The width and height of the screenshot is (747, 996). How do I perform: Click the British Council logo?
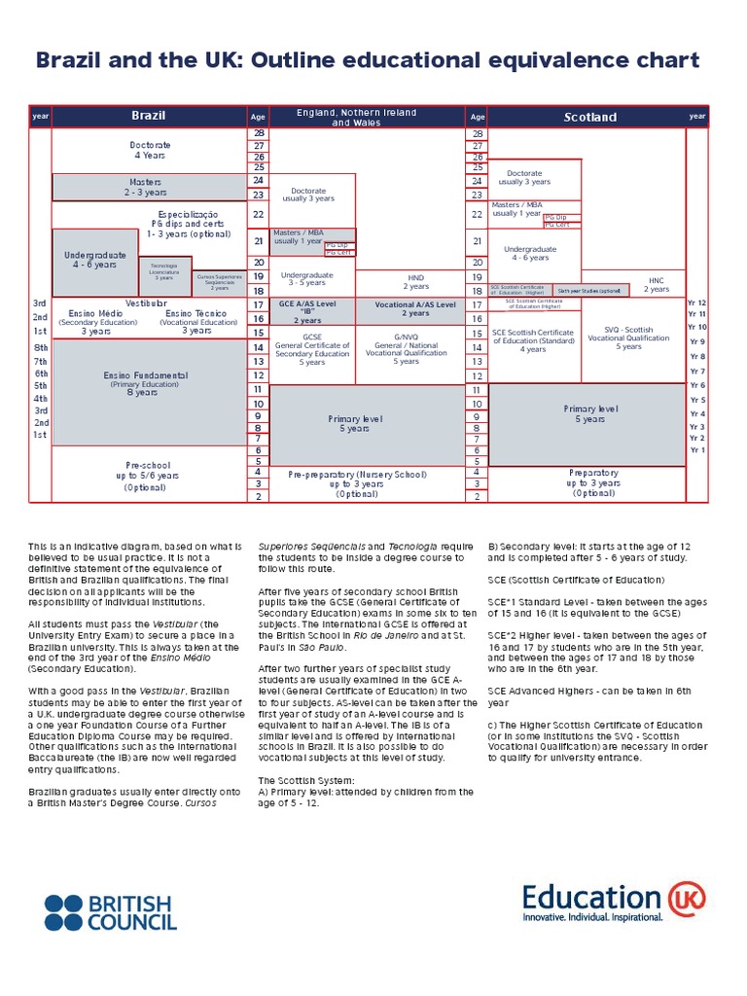pyautogui.click(x=110, y=911)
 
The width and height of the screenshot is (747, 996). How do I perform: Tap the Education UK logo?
pyautogui.click(x=613, y=902)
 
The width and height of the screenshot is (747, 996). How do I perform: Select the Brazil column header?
pyautogui.click(x=149, y=116)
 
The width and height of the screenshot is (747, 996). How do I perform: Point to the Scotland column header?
pyautogui.click(x=590, y=117)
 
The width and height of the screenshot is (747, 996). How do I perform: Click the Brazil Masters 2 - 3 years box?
pyautogui.click(x=147, y=187)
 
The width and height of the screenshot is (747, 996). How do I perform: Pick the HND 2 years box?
pyautogui.click(x=415, y=282)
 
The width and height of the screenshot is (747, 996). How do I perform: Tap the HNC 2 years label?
pyautogui.click(x=657, y=284)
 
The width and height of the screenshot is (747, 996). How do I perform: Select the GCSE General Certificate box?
pyautogui.click(x=312, y=349)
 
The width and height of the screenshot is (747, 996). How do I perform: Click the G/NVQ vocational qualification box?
pyautogui.click(x=407, y=349)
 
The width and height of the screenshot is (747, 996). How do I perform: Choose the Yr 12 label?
pyautogui.click(x=696, y=303)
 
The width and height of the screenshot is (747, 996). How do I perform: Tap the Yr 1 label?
pyautogui.click(x=696, y=449)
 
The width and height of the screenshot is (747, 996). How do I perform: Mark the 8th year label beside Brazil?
pyautogui.click(x=41, y=347)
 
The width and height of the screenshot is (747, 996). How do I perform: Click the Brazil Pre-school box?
pyautogui.click(x=148, y=476)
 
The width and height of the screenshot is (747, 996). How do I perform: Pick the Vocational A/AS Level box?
pyautogui.click(x=415, y=309)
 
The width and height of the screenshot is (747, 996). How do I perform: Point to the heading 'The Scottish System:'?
pyautogui.click(x=300, y=780)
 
